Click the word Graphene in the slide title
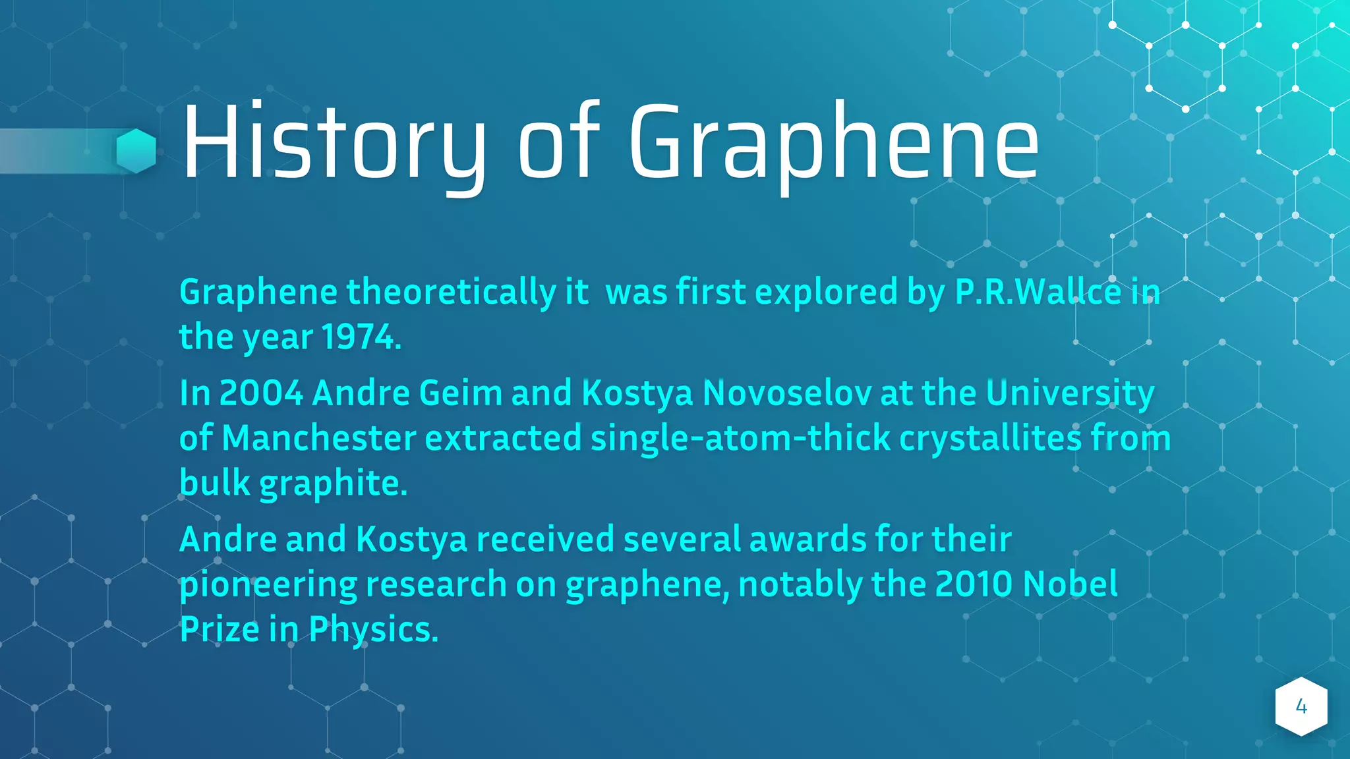(x=834, y=142)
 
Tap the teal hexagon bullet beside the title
(x=136, y=151)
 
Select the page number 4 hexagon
(x=1301, y=706)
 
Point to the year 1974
(x=361, y=337)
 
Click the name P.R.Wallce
(x=1038, y=292)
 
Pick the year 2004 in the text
(x=261, y=393)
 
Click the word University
(x=1070, y=393)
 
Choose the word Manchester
(x=319, y=438)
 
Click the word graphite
(x=334, y=484)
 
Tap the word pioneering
(x=268, y=585)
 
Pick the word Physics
(x=374, y=630)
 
